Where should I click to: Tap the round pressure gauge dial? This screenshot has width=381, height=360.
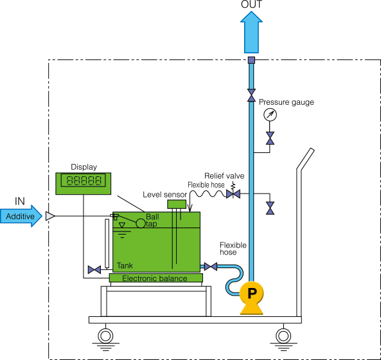coord(270,114)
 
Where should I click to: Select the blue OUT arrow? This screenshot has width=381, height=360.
coord(251,32)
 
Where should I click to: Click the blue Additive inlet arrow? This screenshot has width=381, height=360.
coord(21,216)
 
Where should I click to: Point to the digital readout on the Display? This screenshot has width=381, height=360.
coord(84,180)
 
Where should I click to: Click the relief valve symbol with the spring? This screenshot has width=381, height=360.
coord(233,192)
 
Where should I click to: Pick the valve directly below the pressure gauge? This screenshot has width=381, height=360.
coord(270,138)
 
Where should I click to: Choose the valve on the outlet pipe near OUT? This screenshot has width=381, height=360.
coord(251,95)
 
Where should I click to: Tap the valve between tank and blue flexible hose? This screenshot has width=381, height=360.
coord(211,267)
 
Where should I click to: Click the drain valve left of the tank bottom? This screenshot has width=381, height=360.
coord(94,270)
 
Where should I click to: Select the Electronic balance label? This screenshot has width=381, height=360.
coord(155,278)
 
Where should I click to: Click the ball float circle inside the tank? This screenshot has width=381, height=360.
coord(141,223)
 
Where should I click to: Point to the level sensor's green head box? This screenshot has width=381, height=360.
coord(177,204)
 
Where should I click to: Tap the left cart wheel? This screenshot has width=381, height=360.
coord(105,336)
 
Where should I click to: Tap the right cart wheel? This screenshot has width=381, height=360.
coord(283,336)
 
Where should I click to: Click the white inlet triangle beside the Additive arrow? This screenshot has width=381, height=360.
coord(50,216)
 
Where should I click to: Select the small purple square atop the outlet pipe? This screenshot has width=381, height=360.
coord(251,60)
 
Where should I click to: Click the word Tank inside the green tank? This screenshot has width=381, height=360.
coord(125,265)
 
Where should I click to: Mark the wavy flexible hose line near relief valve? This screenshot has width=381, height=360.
coord(208,194)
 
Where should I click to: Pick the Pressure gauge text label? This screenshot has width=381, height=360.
coord(287,102)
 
